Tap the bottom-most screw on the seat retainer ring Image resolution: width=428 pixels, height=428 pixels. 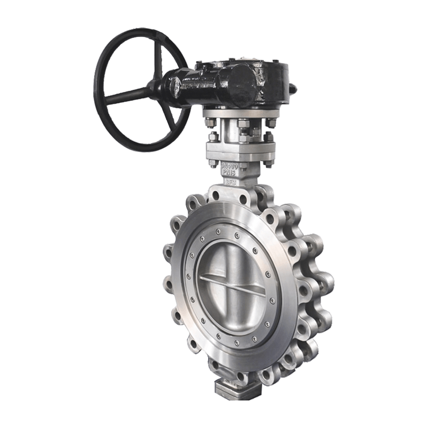(236, 341)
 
